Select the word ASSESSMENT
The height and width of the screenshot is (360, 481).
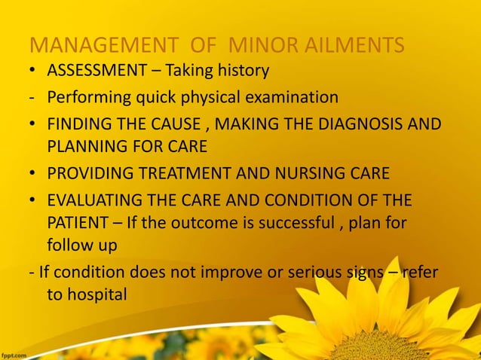pos(92,73)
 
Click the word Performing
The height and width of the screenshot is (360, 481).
pos(86,98)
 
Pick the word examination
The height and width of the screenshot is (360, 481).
pos(295,98)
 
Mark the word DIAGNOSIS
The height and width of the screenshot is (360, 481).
pos(351,124)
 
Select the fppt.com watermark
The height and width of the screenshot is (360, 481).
pos(14,352)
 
